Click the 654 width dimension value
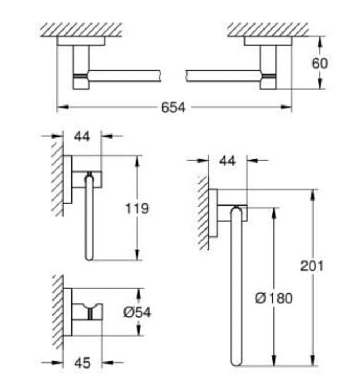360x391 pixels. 173,107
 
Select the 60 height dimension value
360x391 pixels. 319,63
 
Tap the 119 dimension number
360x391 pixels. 137,208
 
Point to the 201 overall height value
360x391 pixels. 311,267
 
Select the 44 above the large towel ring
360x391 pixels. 228,161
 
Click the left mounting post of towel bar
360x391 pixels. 81,66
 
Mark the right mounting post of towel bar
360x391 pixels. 268,66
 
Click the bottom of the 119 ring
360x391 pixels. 89,256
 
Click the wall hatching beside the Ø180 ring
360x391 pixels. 202,212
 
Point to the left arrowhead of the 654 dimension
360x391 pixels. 60,107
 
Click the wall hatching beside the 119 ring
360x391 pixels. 57,179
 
